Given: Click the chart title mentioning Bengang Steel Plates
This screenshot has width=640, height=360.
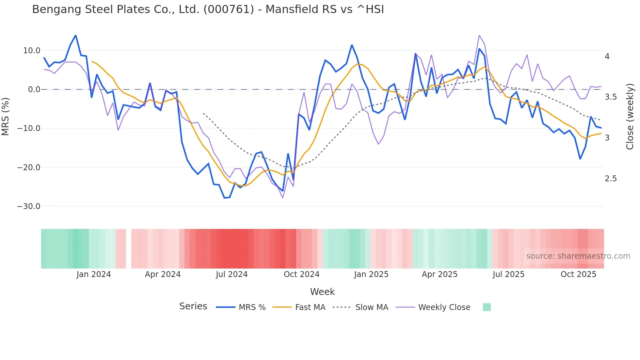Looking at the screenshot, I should pos(208,9).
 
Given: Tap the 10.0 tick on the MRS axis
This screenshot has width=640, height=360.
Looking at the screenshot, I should pos(32,51).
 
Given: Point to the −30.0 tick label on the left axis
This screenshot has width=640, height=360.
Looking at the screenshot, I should pos(29,206).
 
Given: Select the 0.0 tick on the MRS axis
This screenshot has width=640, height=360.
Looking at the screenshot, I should pos(34,90).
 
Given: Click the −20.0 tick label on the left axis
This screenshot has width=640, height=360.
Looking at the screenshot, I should pos(29,168).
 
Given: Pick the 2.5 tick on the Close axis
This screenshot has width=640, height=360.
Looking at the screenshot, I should pos(611,179).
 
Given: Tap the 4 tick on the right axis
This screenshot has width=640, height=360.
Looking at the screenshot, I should pos(607,57).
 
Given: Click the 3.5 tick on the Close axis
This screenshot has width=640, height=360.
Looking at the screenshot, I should pos(611,97).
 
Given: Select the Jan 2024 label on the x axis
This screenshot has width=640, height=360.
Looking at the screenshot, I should pos(94,274).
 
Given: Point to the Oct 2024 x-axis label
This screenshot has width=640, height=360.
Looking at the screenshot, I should pos(301,274).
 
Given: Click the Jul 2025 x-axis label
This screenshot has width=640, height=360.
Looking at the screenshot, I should pos(508,274).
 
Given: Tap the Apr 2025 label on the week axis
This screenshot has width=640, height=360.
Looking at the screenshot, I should pos(440,274).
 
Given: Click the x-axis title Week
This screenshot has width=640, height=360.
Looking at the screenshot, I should pos(322,292).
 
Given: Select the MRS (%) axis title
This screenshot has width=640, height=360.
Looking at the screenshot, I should pos(6,116).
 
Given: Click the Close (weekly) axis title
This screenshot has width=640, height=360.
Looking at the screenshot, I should pos(630,116).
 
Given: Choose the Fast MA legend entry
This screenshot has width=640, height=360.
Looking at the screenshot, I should pos(310,307).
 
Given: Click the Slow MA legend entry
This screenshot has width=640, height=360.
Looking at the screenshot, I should pos(372,307).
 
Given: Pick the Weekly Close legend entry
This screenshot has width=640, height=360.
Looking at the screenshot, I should pos(444,307).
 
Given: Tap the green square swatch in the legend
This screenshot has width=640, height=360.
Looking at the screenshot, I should pos(487,307).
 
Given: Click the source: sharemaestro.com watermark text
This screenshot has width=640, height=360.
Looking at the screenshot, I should pos(578,256).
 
